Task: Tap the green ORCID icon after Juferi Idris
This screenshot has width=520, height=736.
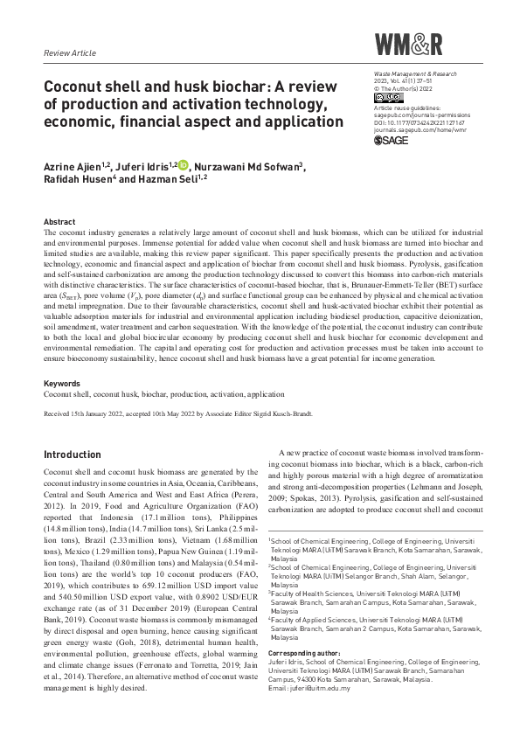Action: [184, 165]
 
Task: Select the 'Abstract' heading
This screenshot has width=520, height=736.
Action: [59, 222]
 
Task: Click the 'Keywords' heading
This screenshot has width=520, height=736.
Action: [63, 384]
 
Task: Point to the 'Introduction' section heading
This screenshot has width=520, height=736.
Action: [73, 455]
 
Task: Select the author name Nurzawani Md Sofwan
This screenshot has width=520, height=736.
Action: [248, 166]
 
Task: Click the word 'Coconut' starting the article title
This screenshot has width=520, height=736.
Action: [79, 89]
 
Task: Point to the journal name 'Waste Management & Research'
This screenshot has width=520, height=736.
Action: [410, 78]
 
